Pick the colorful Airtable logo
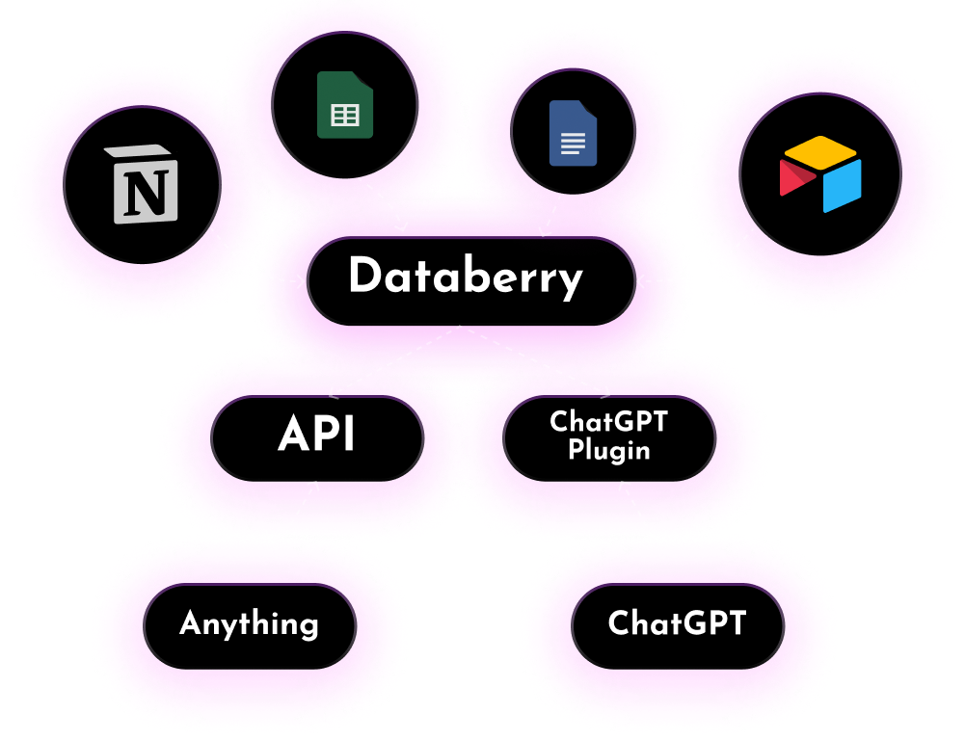(820, 173)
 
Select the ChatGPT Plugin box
(608, 437)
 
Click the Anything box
(250, 624)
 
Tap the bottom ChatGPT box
(677, 624)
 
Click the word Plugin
(608, 451)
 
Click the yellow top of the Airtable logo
(820, 151)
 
